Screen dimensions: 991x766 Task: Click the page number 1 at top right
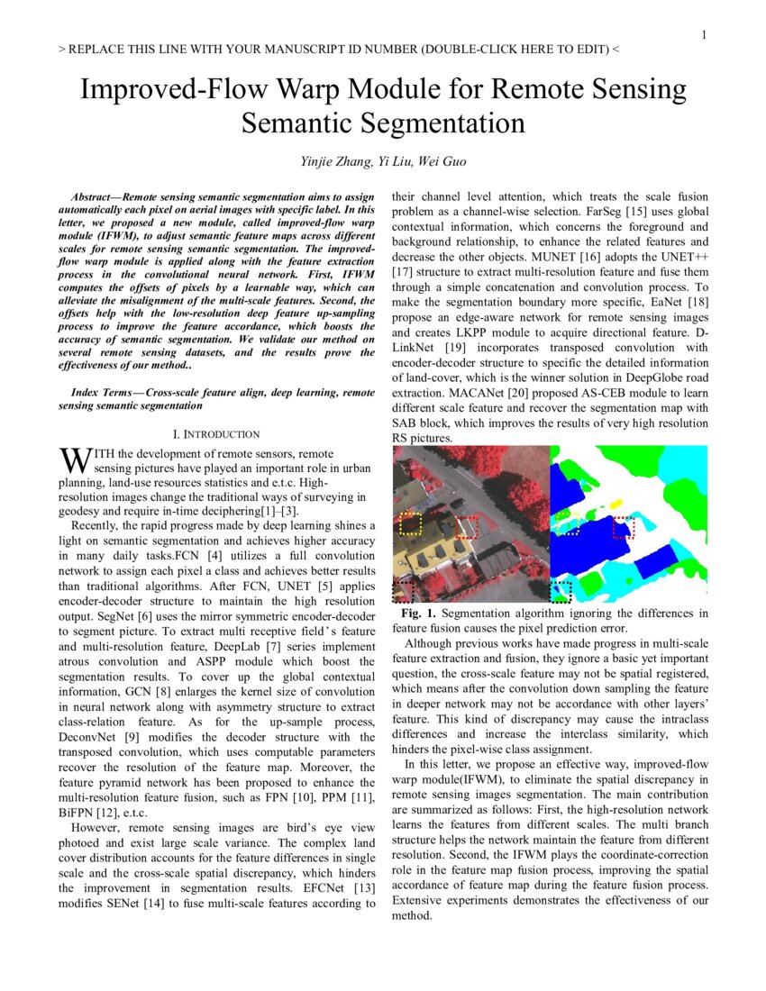tap(704, 35)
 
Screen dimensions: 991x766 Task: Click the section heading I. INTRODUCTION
tap(216, 433)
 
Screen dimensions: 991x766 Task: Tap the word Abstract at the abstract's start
tap(95, 195)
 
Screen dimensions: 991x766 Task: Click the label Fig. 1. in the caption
tap(416, 614)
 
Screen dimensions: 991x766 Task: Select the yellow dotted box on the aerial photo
tap(411, 524)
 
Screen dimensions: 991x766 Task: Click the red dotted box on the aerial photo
tap(467, 527)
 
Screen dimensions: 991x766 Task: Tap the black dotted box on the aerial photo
tap(404, 592)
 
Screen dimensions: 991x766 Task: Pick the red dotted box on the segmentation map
tap(624, 527)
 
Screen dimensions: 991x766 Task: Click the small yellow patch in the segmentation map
tap(616, 501)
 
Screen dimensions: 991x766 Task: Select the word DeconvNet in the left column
tap(90, 738)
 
